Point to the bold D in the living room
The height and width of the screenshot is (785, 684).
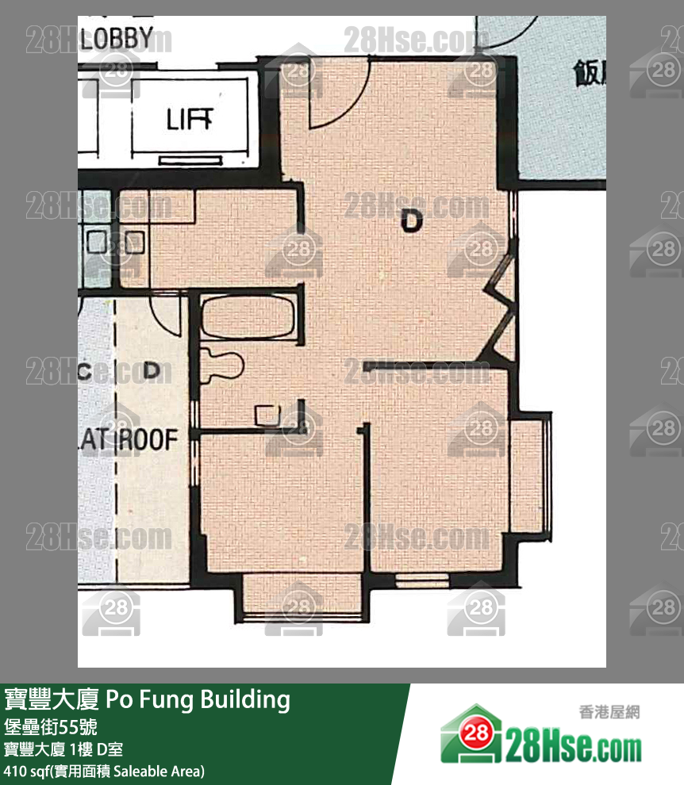[x=411, y=220]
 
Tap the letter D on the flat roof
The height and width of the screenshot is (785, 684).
[x=153, y=370]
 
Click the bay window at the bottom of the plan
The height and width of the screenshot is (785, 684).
[x=301, y=595]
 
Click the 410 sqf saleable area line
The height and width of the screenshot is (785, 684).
[x=104, y=770]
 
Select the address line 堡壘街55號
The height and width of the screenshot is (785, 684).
[x=51, y=726]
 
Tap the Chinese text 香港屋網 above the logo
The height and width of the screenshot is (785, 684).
[x=609, y=712]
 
